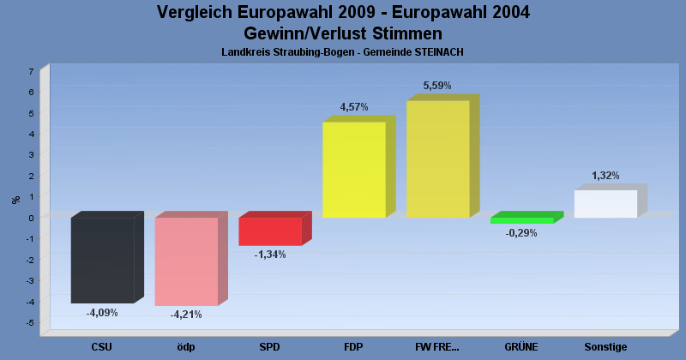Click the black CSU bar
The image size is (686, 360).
pyautogui.click(x=102, y=260)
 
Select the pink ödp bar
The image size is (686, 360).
pyautogui.click(x=186, y=261)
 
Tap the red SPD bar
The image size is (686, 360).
pyautogui.click(x=270, y=231)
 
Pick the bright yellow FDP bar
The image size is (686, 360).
pyautogui.click(x=354, y=170)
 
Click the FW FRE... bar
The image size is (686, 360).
pyautogui.click(x=437, y=159)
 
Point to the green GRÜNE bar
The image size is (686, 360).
pyautogui.click(x=521, y=220)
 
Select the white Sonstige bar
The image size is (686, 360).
pyautogui.click(x=605, y=204)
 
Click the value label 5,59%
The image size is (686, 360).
pyautogui.click(x=437, y=86)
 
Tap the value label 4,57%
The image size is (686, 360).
pyautogui.click(x=354, y=107)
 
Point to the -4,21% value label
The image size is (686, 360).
pyautogui.click(x=185, y=315)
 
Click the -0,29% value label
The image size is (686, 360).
pyautogui.click(x=521, y=233)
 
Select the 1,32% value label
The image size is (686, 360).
pyautogui.click(x=605, y=176)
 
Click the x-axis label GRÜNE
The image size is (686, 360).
pyautogui.click(x=521, y=347)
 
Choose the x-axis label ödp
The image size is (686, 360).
pyautogui.click(x=186, y=347)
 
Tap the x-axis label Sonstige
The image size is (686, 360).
pyautogui.click(x=605, y=347)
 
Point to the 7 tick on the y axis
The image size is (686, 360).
pyautogui.click(x=31, y=71)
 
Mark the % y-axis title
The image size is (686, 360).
pyautogui.click(x=15, y=200)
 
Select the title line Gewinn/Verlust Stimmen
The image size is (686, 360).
pyautogui.click(x=343, y=33)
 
